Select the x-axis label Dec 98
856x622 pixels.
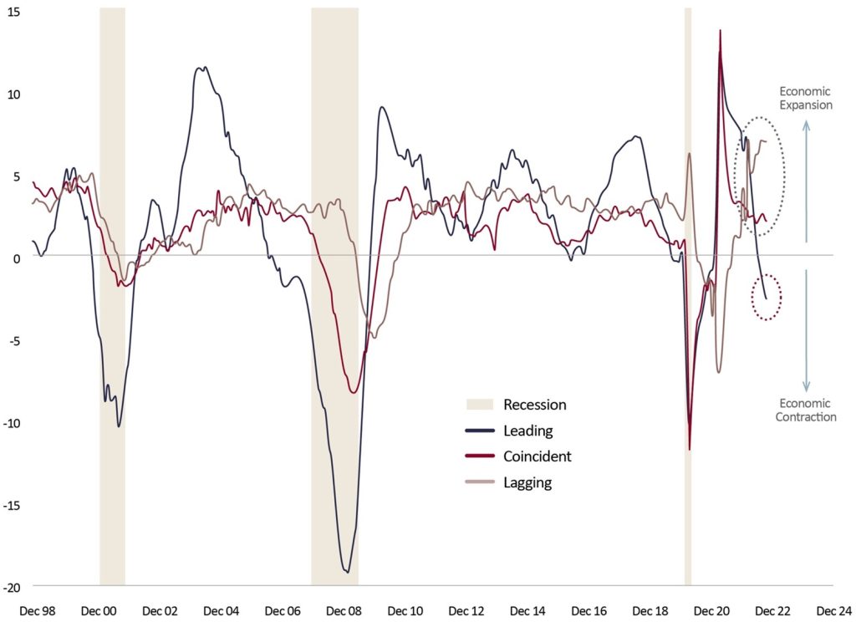click(x=37, y=611)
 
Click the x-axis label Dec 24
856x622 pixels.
click(x=833, y=611)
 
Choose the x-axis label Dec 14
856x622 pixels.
click(x=527, y=611)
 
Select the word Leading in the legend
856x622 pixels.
click(x=528, y=431)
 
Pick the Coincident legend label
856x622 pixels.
click(x=538, y=456)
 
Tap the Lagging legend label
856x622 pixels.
click(x=527, y=482)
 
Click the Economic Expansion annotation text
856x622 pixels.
click(x=806, y=99)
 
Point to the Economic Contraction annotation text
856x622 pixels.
click(x=806, y=410)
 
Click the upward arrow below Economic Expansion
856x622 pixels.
click(x=806, y=180)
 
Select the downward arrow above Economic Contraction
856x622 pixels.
click(x=806, y=330)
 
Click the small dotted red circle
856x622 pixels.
click(x=767, y=297)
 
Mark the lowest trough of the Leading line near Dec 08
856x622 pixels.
click(x=346, y=572)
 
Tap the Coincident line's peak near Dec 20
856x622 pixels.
click(x=720, y=31)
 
